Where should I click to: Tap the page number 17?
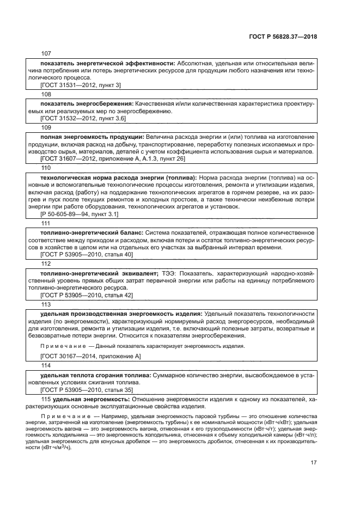314,463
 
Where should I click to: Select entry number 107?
45,53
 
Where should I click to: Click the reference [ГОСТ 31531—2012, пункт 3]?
81,85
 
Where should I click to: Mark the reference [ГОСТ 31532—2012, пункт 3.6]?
83,118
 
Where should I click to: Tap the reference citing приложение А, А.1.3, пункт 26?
113,158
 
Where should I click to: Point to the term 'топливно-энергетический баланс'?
91,233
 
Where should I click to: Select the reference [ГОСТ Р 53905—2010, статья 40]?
87,255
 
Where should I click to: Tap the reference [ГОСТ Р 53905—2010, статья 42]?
87,295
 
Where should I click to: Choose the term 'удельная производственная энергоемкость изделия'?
121,314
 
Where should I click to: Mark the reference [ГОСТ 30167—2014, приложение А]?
90,356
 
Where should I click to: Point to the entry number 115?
46,400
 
